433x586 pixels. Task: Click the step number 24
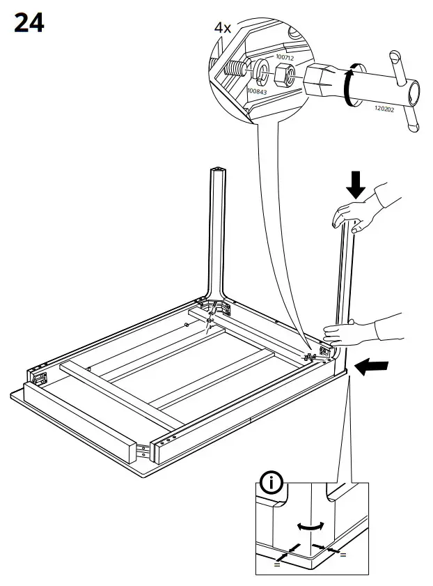pos(29,22)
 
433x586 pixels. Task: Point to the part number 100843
pos(256,91)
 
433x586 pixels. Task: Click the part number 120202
pos(385,109)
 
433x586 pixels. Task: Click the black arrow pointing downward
pos(357,185)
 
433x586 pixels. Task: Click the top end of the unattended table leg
pos(219,169)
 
